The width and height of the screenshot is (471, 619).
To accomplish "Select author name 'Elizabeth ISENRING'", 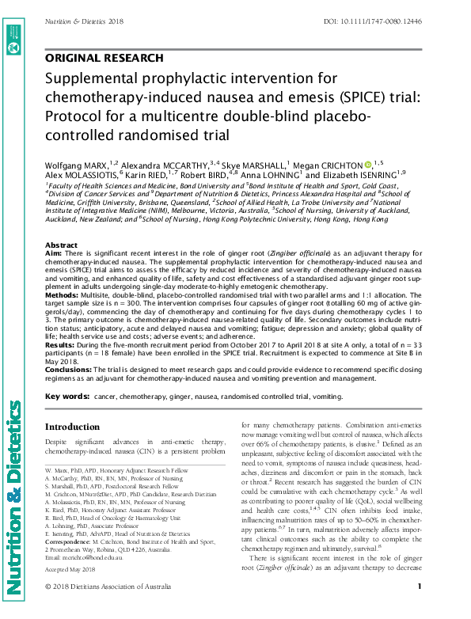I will (x=366, y=174).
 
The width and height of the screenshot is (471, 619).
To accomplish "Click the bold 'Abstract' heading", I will (x=62, y=246).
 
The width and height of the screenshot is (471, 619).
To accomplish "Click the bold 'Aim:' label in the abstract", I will (x=54, y=255).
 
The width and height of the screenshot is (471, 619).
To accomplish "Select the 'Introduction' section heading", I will (x=78, y=427).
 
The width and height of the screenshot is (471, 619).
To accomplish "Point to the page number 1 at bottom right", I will (x=419, y=608).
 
